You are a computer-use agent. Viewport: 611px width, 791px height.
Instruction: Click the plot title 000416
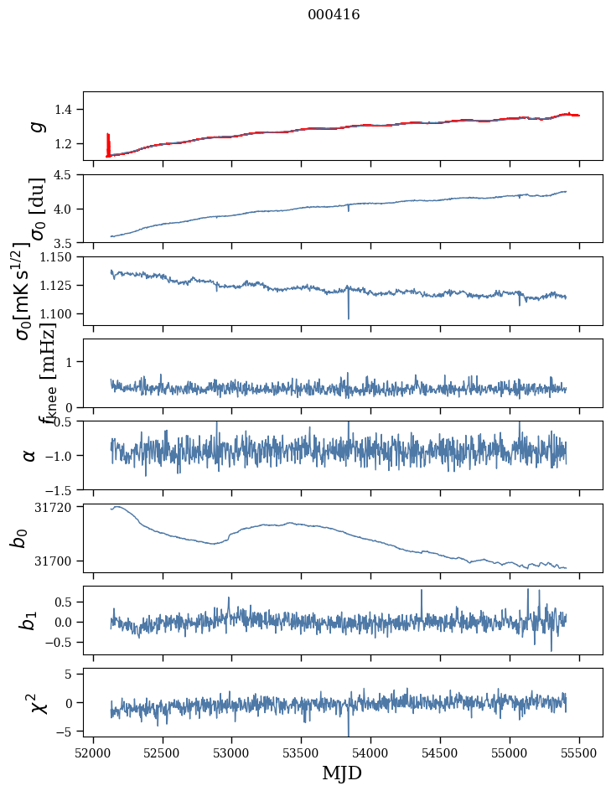(334, 15)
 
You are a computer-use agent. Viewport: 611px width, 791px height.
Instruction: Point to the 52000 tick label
(93, 752)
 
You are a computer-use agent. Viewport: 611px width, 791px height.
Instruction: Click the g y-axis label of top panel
(36, 126)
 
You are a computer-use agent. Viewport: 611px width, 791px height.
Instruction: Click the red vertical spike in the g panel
(108, 144)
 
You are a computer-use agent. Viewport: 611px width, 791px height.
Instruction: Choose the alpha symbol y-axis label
(30, 455)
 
